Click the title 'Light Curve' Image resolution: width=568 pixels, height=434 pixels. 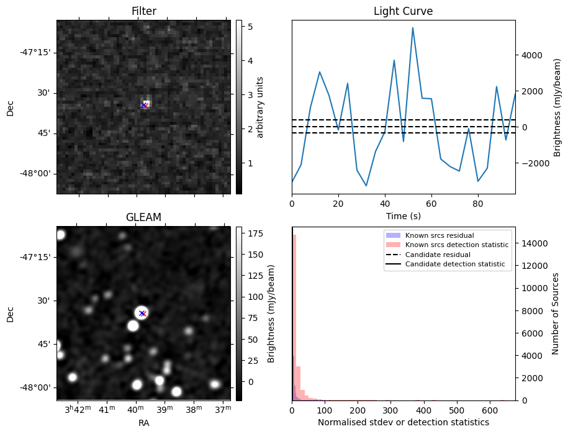pos(403,11)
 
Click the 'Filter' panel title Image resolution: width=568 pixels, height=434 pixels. pos(143,11)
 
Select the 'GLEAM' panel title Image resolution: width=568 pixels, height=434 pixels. pos(143,217)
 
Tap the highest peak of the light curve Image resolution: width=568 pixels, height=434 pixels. pos(413,28)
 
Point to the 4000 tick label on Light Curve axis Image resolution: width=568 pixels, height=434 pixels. pos(531,55)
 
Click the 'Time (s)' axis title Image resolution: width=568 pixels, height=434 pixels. pos(403,215)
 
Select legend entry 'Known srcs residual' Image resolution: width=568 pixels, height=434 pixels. pos(439,236)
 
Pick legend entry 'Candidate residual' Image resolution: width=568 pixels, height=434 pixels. pos(438,255)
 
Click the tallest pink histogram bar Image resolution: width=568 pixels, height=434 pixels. pos(294,317)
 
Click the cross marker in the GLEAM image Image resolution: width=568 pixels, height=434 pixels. pos(142,314)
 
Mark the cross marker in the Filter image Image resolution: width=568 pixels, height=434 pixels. pos(144,106)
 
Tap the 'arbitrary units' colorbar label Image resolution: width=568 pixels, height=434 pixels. pos(260,107)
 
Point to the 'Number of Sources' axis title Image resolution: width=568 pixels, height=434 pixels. pos(555,314)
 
